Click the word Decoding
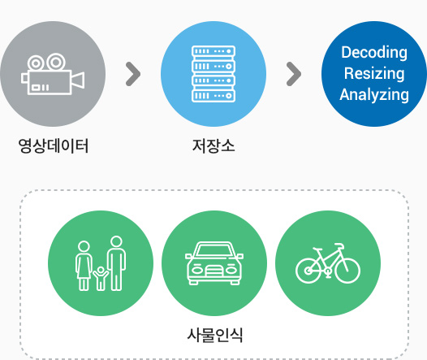374,52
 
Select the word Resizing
374,74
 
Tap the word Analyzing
374,95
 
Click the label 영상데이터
54,145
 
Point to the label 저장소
213,145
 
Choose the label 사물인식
214,335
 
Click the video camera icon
53,74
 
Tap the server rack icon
213,74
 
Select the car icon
214,263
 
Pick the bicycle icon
328,263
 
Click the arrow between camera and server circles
133,74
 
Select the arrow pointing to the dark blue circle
294,74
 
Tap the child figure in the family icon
101,278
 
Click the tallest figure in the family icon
117,263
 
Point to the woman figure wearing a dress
84,266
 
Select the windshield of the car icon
214,250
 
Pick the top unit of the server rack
213,51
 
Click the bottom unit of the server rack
213,96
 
